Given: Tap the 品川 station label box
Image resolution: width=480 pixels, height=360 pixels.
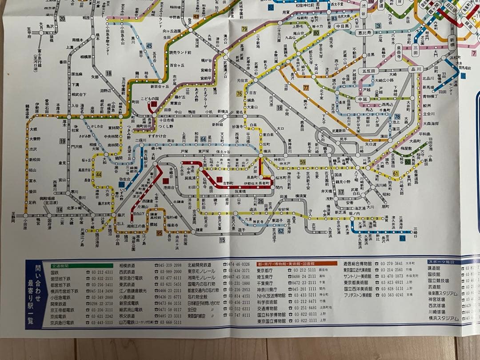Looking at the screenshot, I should [416, 69].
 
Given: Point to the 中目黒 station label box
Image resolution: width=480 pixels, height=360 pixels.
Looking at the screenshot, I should [343, 26].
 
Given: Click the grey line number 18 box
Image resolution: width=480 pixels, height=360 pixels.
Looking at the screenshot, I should [108, 73].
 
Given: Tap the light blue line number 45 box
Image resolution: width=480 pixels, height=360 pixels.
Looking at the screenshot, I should [149, 45].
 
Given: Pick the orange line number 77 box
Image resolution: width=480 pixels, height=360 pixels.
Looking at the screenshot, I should [305, 88].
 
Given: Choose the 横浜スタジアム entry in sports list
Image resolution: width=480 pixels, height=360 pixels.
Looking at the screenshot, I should [443, 318].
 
